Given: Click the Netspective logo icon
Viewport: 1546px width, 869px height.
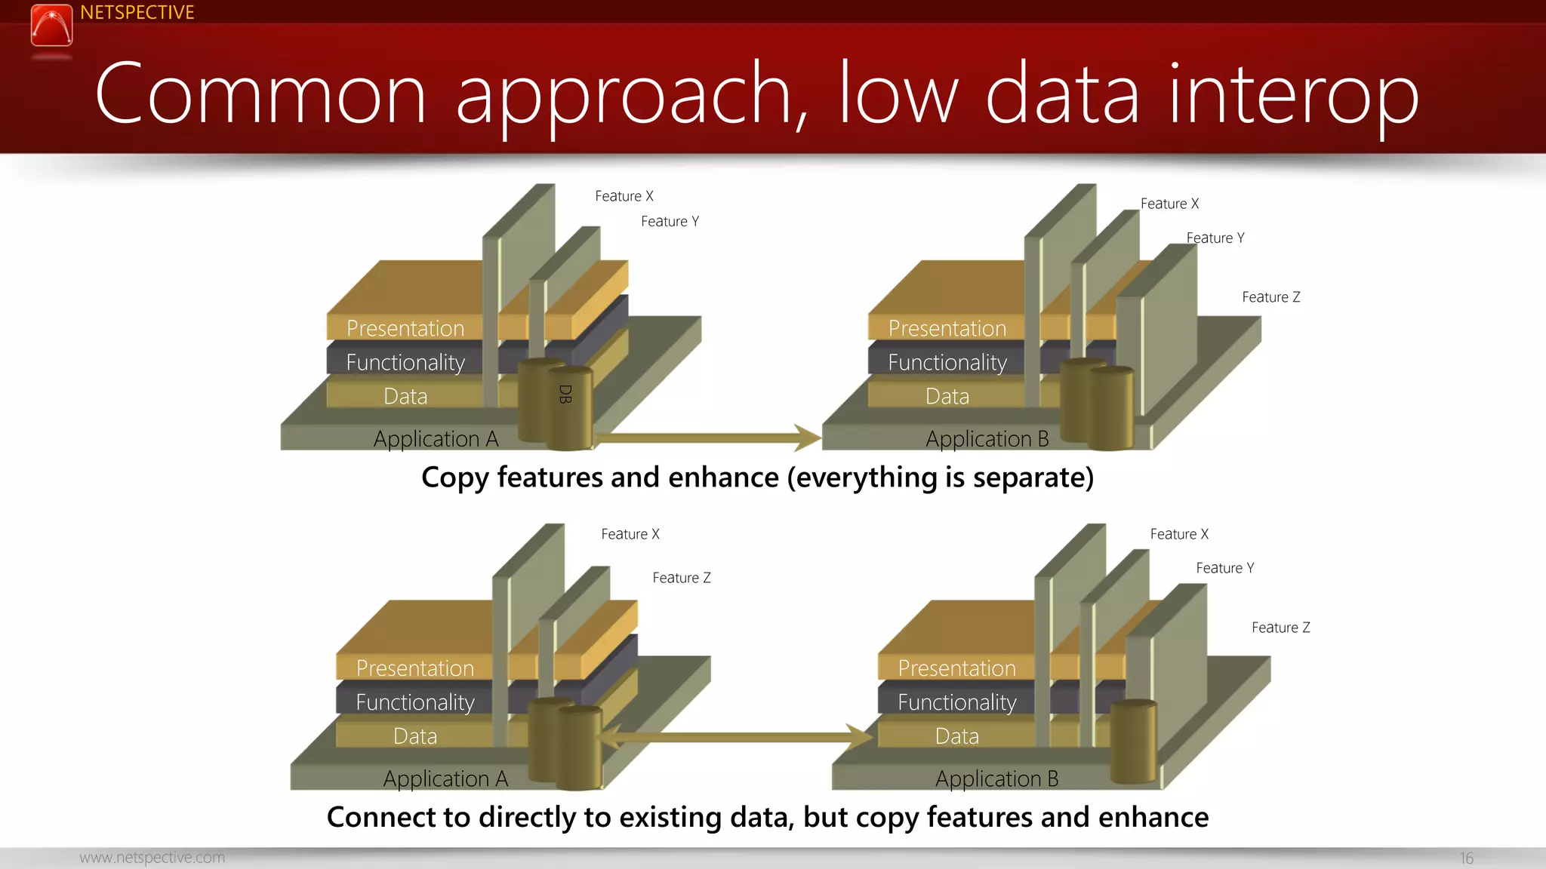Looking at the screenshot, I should coord(51,26).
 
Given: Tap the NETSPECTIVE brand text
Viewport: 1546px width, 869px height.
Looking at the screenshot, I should coord(137,13).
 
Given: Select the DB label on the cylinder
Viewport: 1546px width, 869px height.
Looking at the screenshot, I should coord(565,394).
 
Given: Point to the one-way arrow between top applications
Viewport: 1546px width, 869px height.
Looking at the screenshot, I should coord(706,437).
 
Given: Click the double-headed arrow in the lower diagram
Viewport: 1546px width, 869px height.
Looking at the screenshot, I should coord(737,737).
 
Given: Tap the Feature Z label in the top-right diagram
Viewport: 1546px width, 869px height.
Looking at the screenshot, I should coord(1271,297).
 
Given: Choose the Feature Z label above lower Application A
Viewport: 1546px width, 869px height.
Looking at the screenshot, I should coord(682,578).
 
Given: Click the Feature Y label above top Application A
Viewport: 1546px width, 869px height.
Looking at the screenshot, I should coord(670,222).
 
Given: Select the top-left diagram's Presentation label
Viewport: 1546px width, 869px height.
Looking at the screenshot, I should coord(405,328).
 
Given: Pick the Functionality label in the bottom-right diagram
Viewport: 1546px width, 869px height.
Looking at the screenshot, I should coord(956,702).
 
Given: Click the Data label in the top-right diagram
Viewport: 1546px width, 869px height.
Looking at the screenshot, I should coord(947,396).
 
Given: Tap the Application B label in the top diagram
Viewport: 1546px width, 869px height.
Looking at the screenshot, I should coord(987,438).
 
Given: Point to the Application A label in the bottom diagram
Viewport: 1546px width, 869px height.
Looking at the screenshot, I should coord(445,778).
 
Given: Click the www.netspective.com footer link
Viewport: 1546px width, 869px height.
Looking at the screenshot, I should coord(152,858).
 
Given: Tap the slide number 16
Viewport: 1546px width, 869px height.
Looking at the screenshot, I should coord(1466,858).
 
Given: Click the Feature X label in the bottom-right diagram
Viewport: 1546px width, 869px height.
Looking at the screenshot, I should coord(1179,534).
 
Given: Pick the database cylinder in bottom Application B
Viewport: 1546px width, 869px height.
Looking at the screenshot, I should coord(1133,741).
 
